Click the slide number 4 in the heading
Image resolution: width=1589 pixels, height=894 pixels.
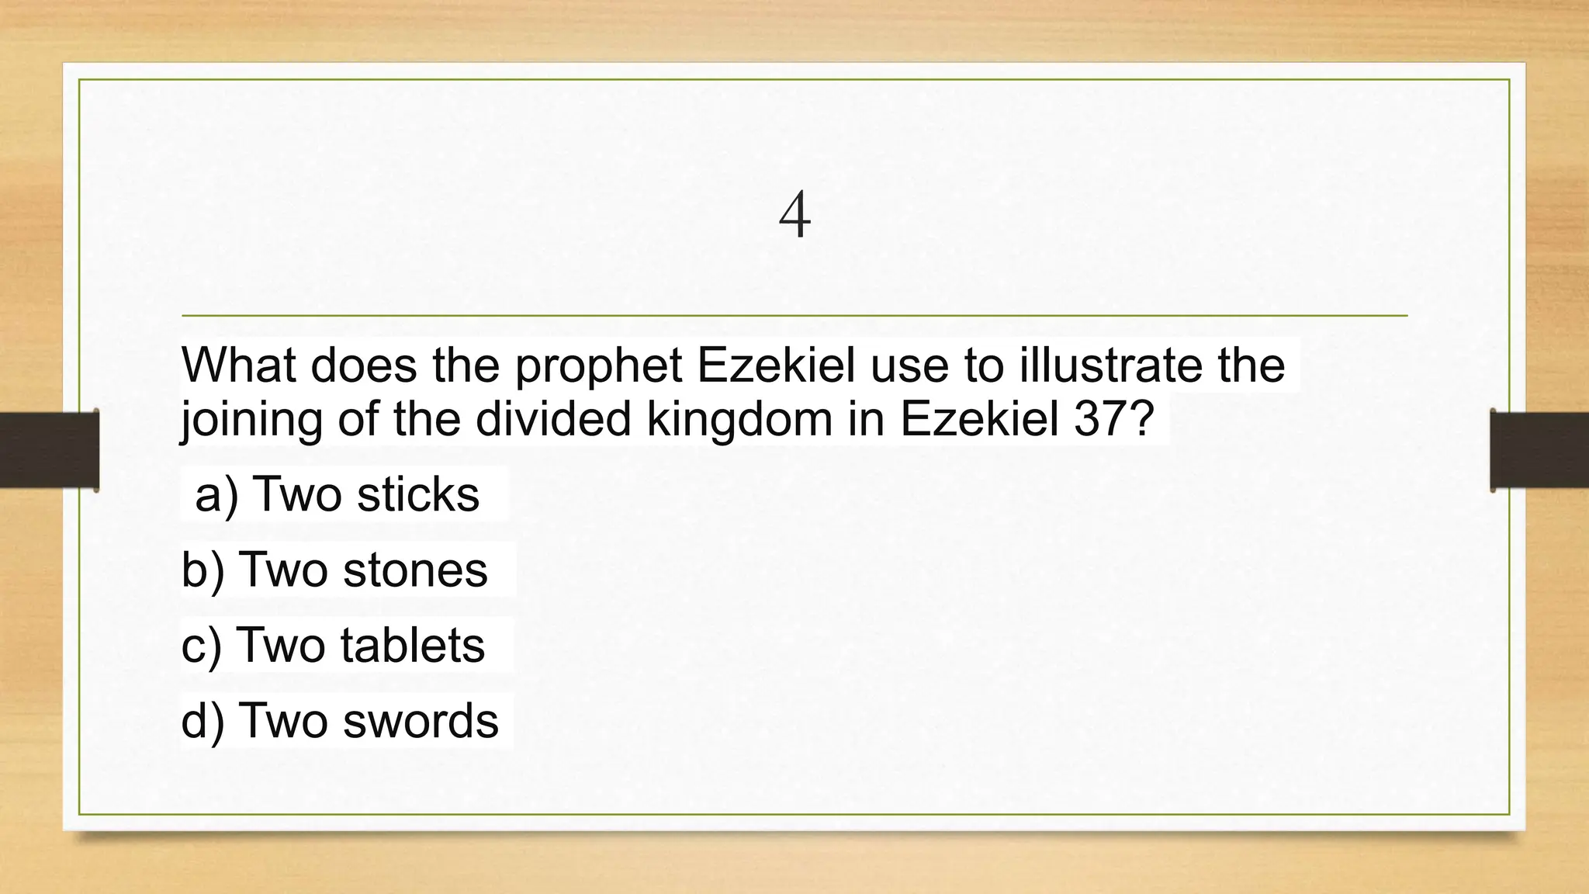click(794, 215)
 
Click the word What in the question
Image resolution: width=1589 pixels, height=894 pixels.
click(238, 365)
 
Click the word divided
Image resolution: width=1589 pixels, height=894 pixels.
click(553, 419)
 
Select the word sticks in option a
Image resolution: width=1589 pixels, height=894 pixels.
click(418, 494)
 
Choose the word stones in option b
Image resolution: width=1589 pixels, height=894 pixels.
click(415, 570)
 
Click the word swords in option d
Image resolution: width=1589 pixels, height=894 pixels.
click(421, 720)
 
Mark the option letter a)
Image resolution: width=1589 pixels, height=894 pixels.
click(216, 495)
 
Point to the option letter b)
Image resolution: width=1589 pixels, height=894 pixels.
click(203, 570)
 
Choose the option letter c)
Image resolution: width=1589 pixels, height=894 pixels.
click(201, 646)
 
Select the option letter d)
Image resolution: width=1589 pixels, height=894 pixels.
click(203, 721)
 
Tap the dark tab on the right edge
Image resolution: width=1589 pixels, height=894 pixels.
click(1539, 450)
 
